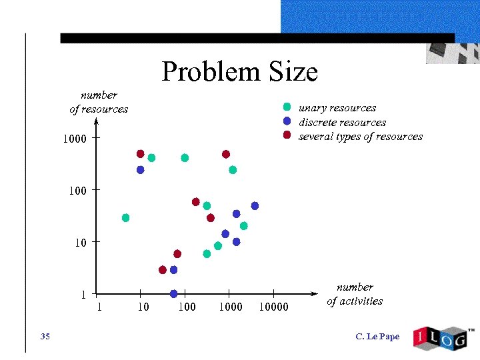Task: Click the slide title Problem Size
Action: point(239,71)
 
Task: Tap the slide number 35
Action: point(45,336)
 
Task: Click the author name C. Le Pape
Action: point(377,336)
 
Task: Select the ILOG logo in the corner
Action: point(442,338)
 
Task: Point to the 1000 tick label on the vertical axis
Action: point(75,139)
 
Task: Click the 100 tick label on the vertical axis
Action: point(77,191)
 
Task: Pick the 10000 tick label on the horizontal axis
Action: point(273,307)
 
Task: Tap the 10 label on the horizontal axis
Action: point(143,307)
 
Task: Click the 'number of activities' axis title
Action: point(355,294)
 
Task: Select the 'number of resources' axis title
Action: point(99,102)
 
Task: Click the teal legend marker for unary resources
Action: point(287,107)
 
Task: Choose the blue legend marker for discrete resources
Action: point(287,121)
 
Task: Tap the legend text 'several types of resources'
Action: point(360,136)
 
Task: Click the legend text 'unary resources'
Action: point(337,107)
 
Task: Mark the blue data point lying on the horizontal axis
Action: point(173,293)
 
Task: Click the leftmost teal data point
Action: point(125,218)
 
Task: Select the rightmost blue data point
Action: point(255,206)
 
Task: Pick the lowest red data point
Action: point(162,270)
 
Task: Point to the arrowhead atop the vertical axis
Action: point(97,122)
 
